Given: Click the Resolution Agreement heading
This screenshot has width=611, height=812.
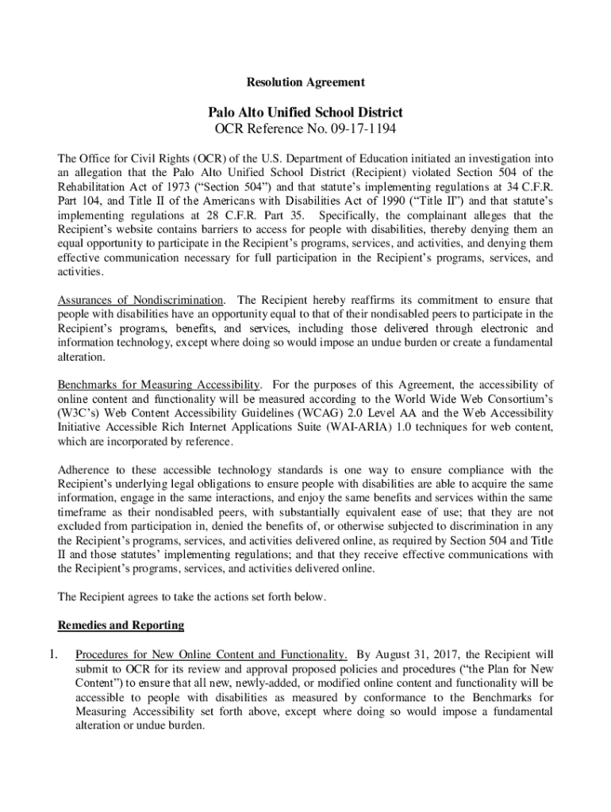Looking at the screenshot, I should (x=305, y=82).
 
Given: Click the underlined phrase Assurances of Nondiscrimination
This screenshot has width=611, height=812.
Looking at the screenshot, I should (x=140, y=300).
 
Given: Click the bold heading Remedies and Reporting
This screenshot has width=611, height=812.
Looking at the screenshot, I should (x=121, y=626).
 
